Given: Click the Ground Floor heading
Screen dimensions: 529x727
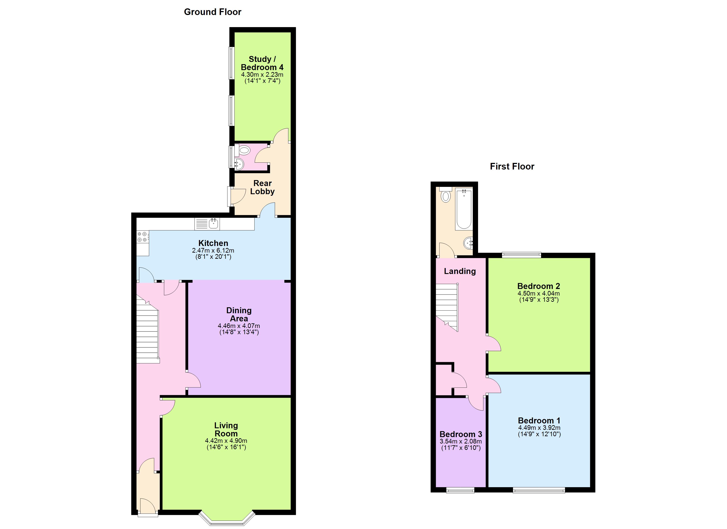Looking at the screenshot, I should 213,12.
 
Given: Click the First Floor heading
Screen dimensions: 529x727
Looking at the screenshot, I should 512,166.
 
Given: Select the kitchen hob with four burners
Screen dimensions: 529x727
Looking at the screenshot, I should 142,237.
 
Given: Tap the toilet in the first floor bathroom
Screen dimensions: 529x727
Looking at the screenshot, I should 445,196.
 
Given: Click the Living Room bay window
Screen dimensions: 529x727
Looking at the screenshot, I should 227,519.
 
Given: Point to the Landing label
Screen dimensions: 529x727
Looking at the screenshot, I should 460,271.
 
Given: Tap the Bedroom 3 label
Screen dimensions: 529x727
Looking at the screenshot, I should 461,434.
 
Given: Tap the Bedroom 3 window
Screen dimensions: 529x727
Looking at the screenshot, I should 460,490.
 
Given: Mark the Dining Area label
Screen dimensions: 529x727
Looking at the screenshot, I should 239,314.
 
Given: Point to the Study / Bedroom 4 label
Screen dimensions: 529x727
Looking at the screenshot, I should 262,63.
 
